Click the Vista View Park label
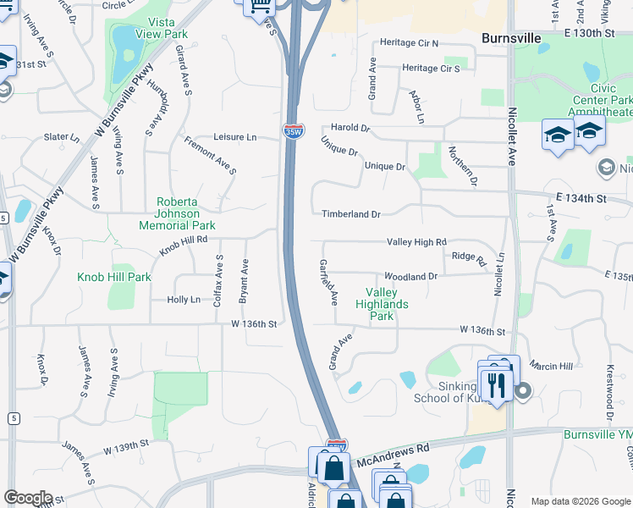tap(167, 28)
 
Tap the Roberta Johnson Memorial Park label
tap(184, 213)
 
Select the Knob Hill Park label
tap(114, 277)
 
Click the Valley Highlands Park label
tap(382, 304)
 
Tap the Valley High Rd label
tap(416, 242)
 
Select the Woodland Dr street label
tap(410, 277)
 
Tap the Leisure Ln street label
tap(234, 137)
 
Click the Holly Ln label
tap(184, 300)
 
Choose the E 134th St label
tap(582, 198)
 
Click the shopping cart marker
tap(261, 5)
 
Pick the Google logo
tap(28, 498)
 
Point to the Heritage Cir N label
tap(410, 42)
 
